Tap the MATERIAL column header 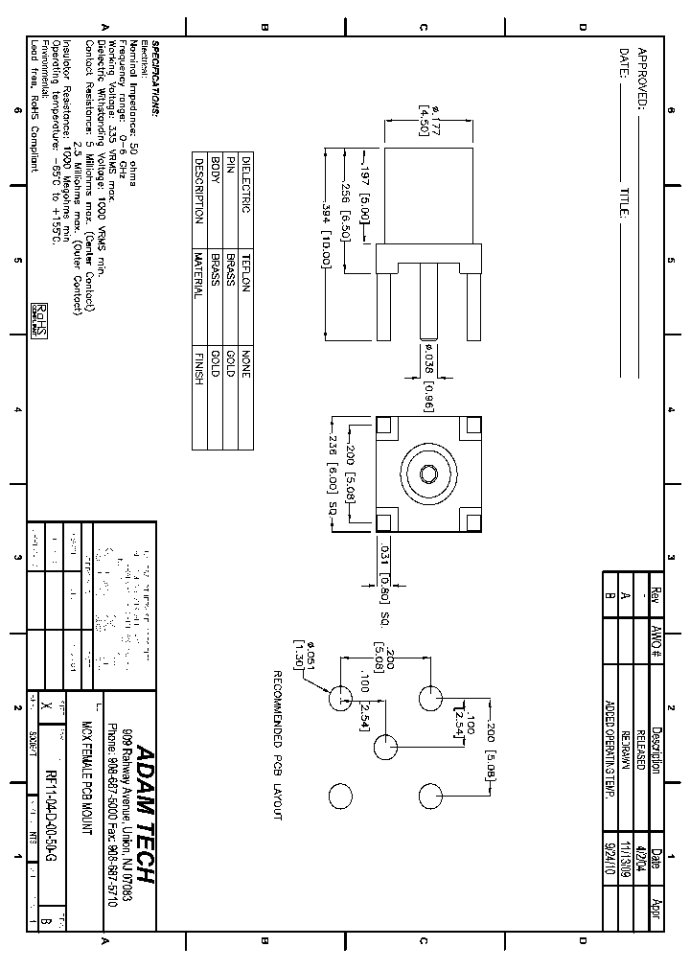(x=199, y=274)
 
